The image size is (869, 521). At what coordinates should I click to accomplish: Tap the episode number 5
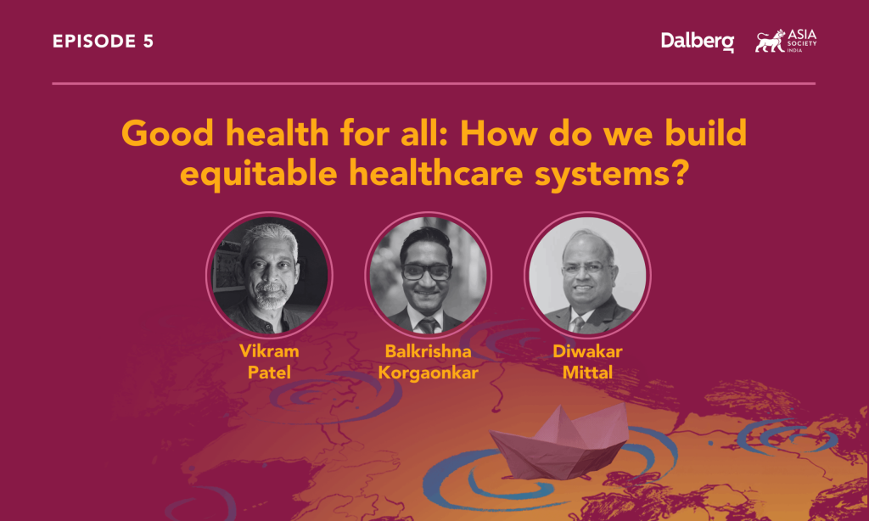(x=148, y=42)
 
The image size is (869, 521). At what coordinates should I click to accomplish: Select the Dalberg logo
(x=698, y=42)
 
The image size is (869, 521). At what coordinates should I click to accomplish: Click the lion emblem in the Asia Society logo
(x=770, y=41)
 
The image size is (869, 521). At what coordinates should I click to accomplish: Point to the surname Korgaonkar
(x=428, y=371)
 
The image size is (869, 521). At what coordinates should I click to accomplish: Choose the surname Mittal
(x=587, y=371)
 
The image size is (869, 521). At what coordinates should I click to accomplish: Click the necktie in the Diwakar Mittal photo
(x=578, y=323)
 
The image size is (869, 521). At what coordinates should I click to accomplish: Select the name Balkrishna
(x=428, y=350)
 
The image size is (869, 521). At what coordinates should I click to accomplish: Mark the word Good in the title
(x=166, y=134)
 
